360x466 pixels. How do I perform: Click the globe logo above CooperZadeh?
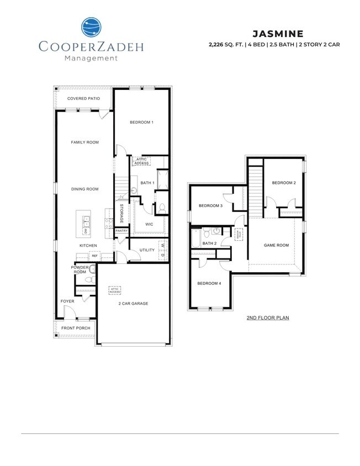pyautogui.click(x=91, y=28)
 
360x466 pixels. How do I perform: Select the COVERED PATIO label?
pyautogui.click(x=83, y=99)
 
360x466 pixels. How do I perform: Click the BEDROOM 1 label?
pyautogui.click(x=141, y=122)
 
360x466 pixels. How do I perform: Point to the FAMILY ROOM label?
pyautogui.click(x=84, y=142)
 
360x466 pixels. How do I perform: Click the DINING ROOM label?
pyautogui.click(x=84, y=189)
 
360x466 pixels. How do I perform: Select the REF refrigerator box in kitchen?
pyautogui.click(x=94, y=256)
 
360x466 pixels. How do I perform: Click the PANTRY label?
pyautogui.click(x=121, y=231)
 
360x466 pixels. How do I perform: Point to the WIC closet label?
pyautogui.click(x=149, y=225)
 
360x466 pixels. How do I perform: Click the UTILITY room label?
pyautogui.click(x=147, y=250)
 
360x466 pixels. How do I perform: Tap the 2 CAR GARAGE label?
pyautogui.click(x=134, y=304)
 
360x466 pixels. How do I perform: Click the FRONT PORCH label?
pyautogui.click(x=76, y=328)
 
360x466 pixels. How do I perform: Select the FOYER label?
pyautogui.click(x=67, y=301)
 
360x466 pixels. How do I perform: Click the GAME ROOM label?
pyautogui.click(x=276, y=245)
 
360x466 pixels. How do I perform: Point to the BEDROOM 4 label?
pyautogui.click(x=209, y=284)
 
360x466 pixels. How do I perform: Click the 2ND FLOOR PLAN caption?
pyautogui.click(x=268, y=318)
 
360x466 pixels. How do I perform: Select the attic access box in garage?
pyautogui.click(x=115, y=290)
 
